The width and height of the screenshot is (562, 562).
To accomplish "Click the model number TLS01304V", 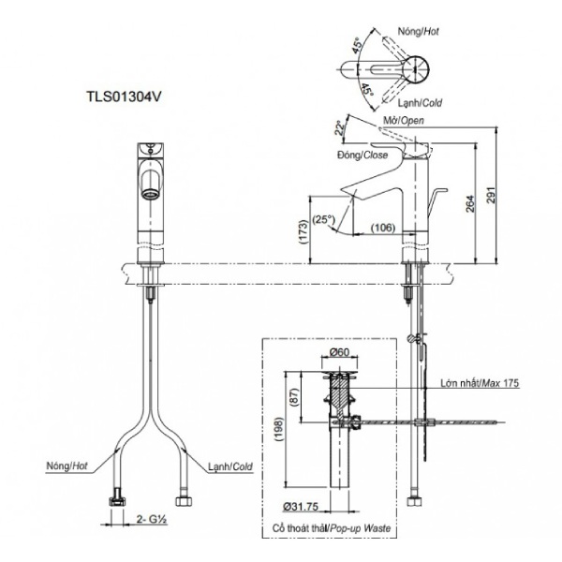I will coord(121,96).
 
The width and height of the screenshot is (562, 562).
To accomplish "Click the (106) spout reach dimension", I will coord(383,226).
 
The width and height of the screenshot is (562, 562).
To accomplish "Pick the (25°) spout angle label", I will coord(325,219).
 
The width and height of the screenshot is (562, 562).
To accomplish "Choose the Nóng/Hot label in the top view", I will coord(419,32).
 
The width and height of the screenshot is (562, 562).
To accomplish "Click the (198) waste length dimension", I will coord(277,428).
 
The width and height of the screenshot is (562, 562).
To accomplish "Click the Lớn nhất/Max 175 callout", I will coord(480,383).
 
